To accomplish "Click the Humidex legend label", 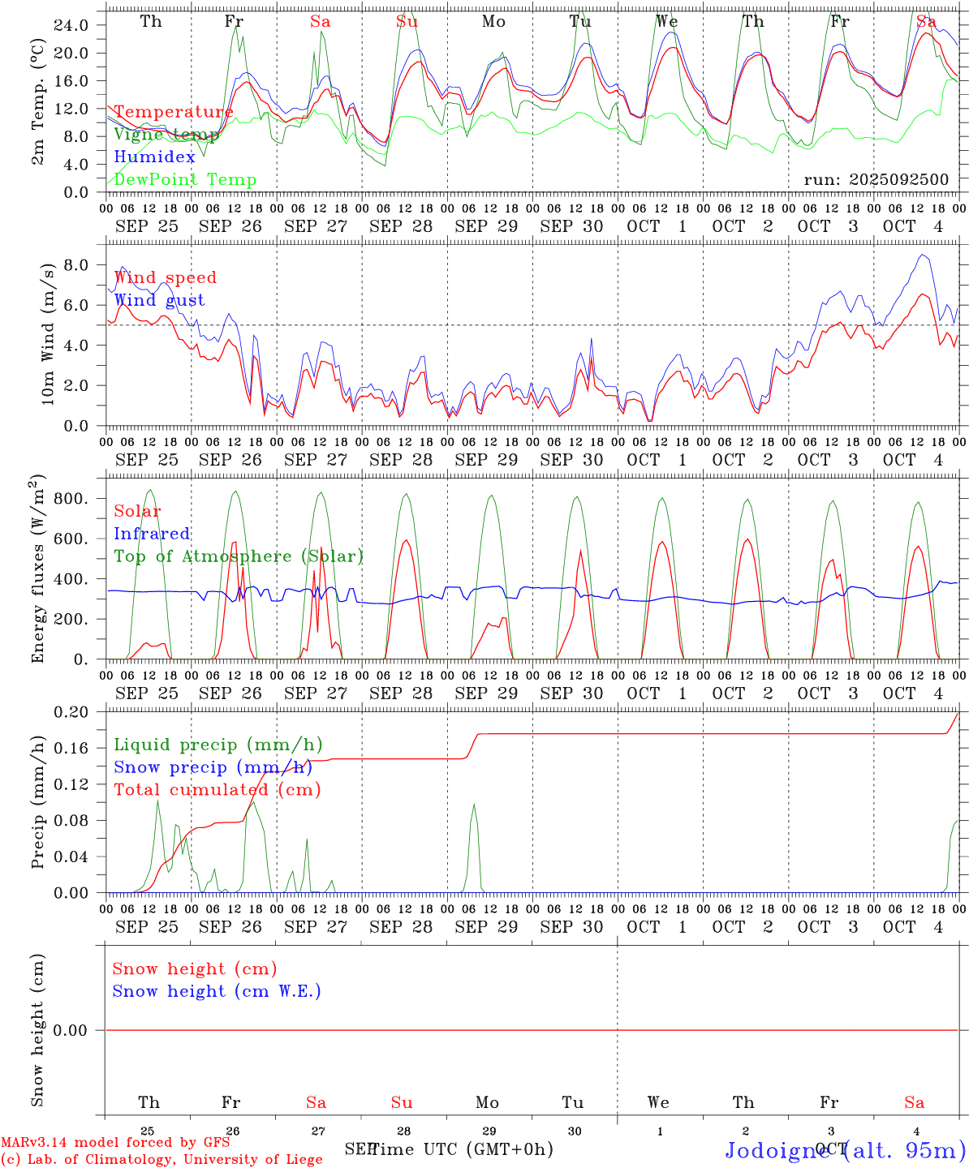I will [154, 157].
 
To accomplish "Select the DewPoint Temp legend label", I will [185, 180].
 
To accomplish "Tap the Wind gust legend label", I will [159, 300].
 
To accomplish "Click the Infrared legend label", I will [152, 534].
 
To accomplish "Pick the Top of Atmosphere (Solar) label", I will [239, 556].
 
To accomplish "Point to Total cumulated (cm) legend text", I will [217, 790].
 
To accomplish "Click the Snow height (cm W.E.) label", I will [217, 991].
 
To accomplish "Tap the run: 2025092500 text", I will [876, 180].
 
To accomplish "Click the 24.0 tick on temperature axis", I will [71, 25].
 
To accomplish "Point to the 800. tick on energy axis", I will [71, 499].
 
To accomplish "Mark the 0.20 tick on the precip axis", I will [71, 712].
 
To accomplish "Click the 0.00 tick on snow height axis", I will [71, 1030].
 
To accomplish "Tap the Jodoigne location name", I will [781, 1150].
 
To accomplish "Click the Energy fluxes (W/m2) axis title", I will [38, 569].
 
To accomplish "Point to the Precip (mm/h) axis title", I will [38, 803].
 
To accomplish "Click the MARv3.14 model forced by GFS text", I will [115, 1143].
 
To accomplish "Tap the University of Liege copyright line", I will [161, 1159].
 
